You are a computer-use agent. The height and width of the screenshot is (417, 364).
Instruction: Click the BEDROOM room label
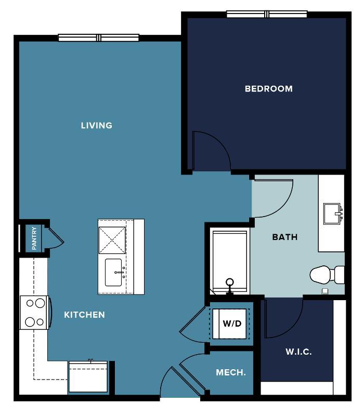(269, 89)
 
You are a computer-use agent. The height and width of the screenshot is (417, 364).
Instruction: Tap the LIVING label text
(97, 125)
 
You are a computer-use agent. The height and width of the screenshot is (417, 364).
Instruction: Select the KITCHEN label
(84, 315)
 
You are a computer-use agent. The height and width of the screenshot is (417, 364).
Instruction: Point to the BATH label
(284, 237)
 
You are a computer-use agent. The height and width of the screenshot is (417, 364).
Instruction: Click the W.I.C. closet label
(298, 352)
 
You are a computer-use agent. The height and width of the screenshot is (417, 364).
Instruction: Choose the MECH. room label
(230, 372)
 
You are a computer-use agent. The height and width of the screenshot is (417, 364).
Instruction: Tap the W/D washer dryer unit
(229, 324)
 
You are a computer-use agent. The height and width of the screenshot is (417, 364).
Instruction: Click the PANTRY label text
(34, 238)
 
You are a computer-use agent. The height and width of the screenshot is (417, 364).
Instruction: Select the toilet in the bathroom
(327, 275)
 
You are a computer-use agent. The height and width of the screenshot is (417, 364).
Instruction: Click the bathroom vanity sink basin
(332, 214)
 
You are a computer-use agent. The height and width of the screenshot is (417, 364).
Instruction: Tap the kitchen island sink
(113, 273)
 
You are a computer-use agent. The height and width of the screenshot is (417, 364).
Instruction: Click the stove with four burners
(35, 313)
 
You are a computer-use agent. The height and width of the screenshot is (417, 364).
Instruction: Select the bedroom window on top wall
(267, 14)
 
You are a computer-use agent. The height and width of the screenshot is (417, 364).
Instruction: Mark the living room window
(99, 38)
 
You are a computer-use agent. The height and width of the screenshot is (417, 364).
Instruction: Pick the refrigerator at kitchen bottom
(88, 376)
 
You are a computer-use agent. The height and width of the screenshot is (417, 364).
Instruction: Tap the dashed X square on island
(112, 240)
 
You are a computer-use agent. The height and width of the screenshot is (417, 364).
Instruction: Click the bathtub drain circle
(229, 282)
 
